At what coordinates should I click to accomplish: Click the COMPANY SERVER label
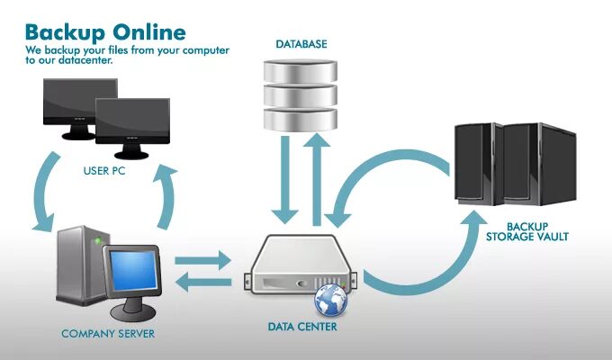108,334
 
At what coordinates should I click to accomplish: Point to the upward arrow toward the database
316,175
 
